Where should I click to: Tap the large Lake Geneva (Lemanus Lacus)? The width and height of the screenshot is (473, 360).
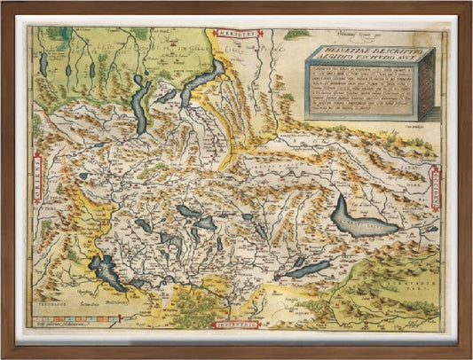(x=359, y=216)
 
